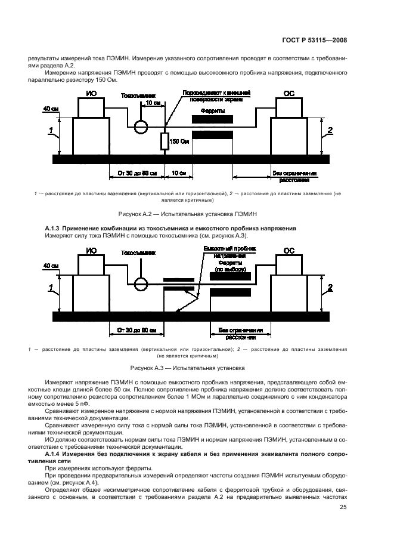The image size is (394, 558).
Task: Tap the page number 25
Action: click(x=343, y=508)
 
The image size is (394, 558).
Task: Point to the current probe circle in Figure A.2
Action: click(x=141, y=127)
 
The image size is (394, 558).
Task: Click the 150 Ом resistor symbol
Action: click(x=165, y=141)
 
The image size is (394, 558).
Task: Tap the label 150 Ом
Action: click(x=181, y=141)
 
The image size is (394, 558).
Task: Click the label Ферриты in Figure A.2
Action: click(x=212, y=110)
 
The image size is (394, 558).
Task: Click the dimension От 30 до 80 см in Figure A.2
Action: click(x=137, y=173)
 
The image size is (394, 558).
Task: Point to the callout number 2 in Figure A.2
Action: click(x=330, y=131)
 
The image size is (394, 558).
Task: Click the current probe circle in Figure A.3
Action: click(x=141, y=283)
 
